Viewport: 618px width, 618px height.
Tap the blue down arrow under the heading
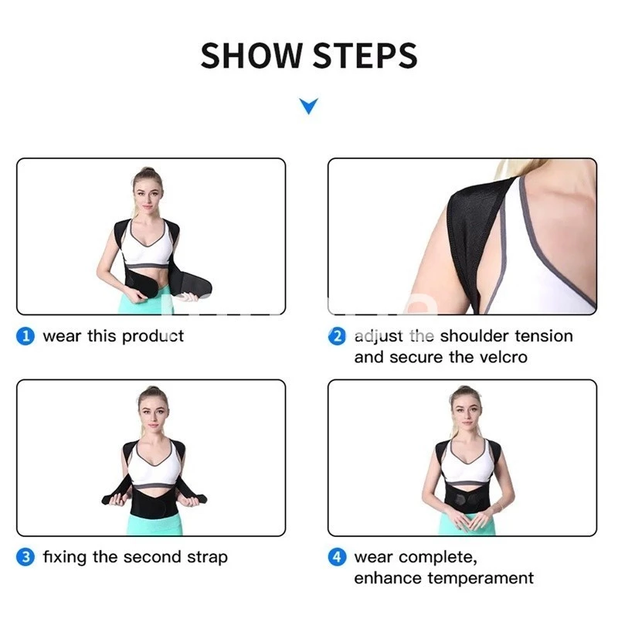(x=308, y=106)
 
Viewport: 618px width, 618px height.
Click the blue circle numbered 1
(x=26, y=336)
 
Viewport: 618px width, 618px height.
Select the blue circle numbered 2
(x=338, y=336)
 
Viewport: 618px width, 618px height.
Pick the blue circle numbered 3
(x=26, y=557)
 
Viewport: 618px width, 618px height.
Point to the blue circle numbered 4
(x=338, y=557)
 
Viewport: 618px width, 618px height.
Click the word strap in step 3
(x=206, y=557)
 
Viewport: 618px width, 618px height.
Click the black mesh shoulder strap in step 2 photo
(x=463, y=232)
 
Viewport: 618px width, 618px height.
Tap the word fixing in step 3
(x=63, y=557)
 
